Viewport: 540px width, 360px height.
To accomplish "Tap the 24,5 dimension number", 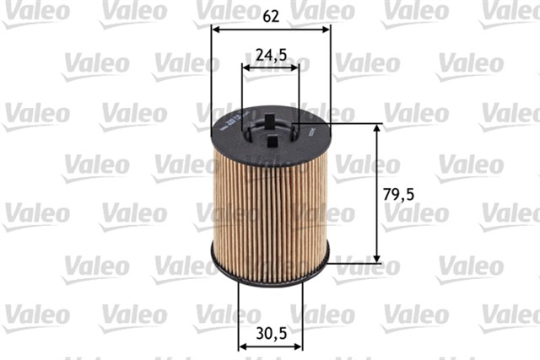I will pyautogui.click(x=271, y=55).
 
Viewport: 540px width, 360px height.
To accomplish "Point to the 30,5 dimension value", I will pyautogui.click(x=271, y=332).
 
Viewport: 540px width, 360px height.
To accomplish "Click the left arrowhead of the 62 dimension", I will pyautogui.click(x=214, y=29).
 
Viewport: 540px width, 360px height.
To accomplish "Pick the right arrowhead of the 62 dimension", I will pyautogui.click(x=327, y=29).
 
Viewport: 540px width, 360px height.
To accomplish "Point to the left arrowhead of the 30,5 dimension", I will pyautogui.click(x=241, y=346).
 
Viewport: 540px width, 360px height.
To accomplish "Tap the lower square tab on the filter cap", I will pyautogui.click(x=271, y=142).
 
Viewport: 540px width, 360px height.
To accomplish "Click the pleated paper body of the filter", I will pyautogui.click(x=270, y=202).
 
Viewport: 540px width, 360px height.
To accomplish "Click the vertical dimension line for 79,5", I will pyautogui.click(x=377, y=194).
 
